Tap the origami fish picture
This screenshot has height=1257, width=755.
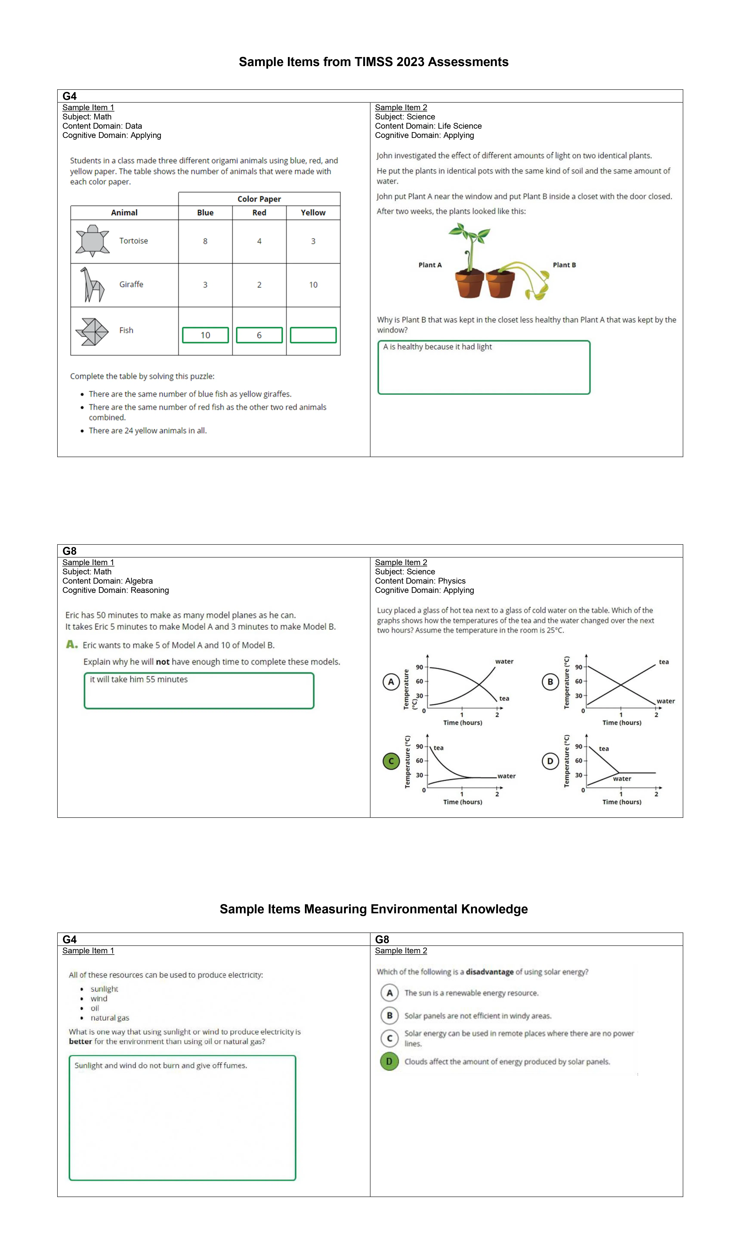[93, 332]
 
